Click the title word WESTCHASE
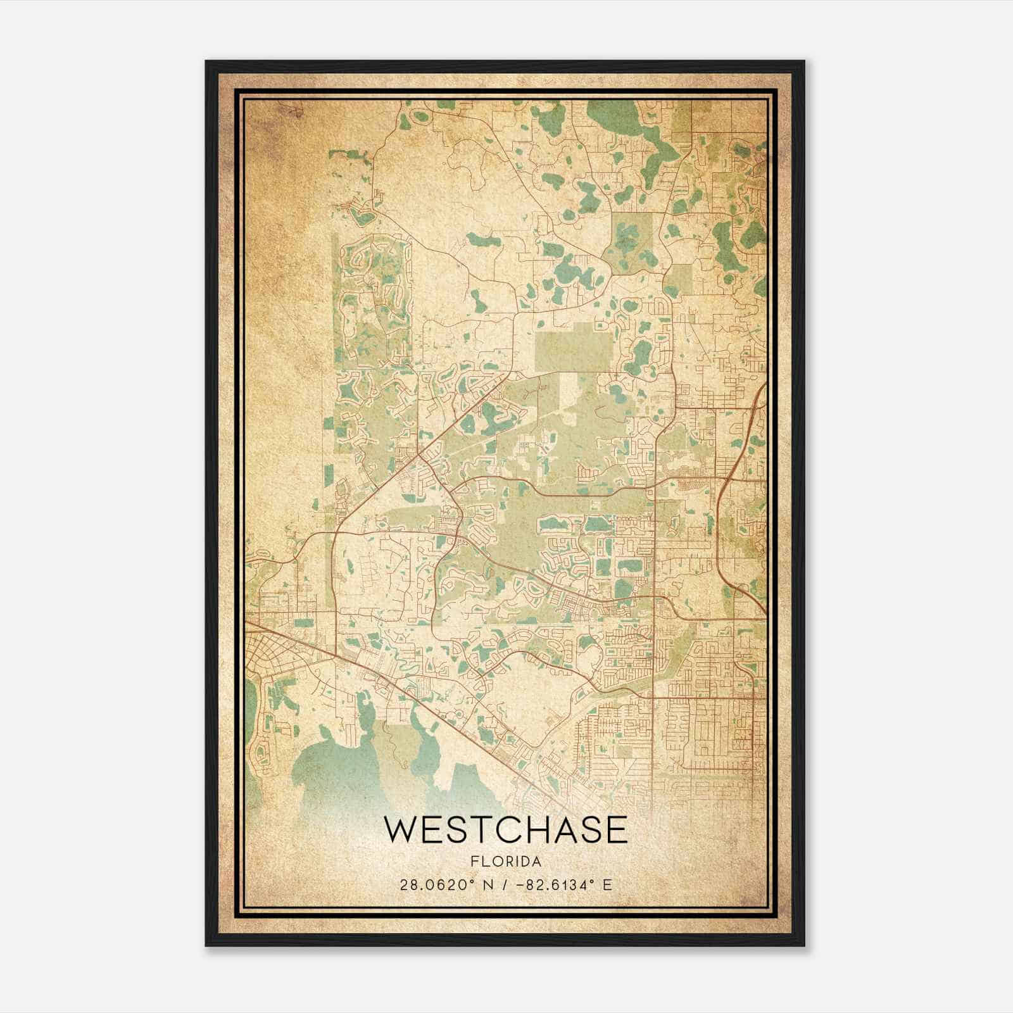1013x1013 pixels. pos(505,830)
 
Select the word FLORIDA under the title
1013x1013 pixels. pos(506,862)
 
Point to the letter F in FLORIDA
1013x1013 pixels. pos(474,862)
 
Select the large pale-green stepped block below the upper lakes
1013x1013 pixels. pos(573,348)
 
